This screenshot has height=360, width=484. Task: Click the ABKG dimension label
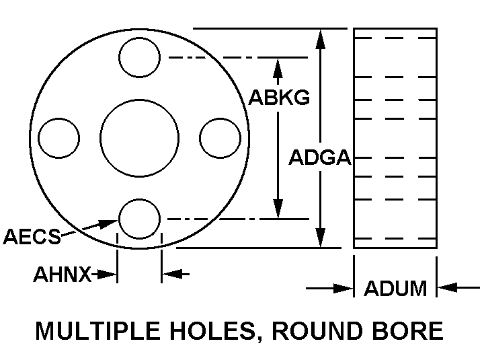click(x=279, y=98)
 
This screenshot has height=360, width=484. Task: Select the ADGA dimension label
click(x=319, y=157)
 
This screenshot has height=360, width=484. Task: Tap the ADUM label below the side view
click(x=395, y=289)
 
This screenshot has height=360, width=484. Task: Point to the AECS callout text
click(x=32, y=236)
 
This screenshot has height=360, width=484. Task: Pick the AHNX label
click(x=63, y=275)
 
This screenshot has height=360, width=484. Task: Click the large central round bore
click(x=139, y=139)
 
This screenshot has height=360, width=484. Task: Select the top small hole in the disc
click(x=139, y=57)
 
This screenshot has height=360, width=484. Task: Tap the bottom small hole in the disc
click(x=139, y=219)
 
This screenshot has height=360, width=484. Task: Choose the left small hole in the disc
click(x=59, y=139)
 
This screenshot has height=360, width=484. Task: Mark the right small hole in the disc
click(x=220, y=138)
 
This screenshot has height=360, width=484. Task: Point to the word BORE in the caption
click(x=411, y=331)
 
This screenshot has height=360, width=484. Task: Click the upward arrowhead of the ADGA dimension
click(x=321, y=39)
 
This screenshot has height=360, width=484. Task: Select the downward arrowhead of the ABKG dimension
click(x=278, y=209)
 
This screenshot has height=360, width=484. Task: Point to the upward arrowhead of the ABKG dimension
click(x=278, y=67)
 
